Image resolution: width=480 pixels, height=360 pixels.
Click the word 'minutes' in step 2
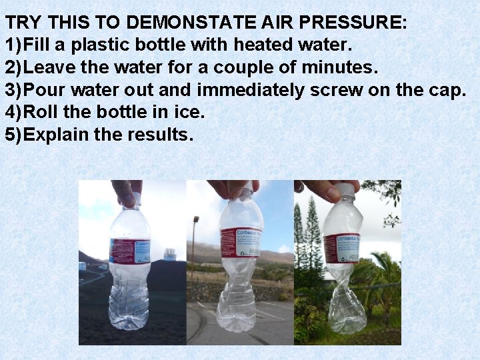coord(337,67)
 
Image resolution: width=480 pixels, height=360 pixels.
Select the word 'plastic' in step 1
coord(100,45)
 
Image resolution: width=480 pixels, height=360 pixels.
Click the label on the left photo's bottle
coord(130,251)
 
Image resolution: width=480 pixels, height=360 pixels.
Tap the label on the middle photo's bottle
coord(241,242)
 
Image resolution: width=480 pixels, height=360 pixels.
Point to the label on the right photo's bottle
coord(341,249)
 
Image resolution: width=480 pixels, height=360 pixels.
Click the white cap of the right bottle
coord(345,191)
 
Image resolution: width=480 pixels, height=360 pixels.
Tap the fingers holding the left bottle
coord(127,189)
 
